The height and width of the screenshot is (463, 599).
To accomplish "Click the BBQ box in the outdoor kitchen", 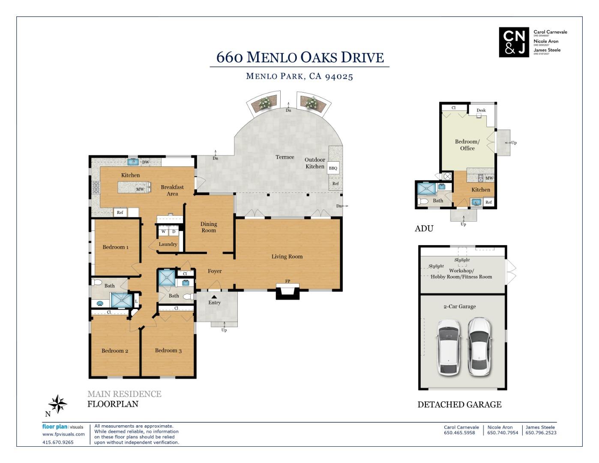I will [x=333, y=168].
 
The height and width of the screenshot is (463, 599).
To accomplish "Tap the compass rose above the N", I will [x=58, y=404].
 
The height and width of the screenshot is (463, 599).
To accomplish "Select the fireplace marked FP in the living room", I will [x=288, y=292].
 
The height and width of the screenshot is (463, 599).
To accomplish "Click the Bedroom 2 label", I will [x=115, y=351].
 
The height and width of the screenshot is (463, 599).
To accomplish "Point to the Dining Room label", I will [x=209, y=227].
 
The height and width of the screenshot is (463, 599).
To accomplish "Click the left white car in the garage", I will [x=449, y=347].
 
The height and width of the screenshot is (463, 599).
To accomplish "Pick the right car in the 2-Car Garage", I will [x=479, y=346].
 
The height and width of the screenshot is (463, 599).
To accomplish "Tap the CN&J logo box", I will [x=514, y=42].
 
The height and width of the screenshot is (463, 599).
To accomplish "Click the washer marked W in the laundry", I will [x=163, y=231].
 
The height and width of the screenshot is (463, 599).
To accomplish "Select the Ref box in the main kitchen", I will [x=120, y=212].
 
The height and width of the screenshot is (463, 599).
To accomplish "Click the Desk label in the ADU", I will [x=481, y=110].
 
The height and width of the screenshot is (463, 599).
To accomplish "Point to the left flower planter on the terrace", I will [x=264, y=104].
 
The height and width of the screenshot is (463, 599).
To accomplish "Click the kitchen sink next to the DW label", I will [x=133, y=162].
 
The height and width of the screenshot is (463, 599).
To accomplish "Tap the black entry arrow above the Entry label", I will [x=214, y=296].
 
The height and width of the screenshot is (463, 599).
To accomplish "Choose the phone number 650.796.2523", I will [x=541, y=433].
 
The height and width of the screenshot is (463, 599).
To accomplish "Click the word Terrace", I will [x=285, y=157].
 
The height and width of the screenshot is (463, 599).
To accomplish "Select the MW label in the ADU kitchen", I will [x=489, y=178].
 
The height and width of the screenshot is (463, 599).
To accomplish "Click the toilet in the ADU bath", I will [x=423, y=201].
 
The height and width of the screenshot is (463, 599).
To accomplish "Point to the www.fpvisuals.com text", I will [x=63, y=434].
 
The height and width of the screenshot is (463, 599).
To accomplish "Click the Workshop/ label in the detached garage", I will [x=461, y=271].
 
